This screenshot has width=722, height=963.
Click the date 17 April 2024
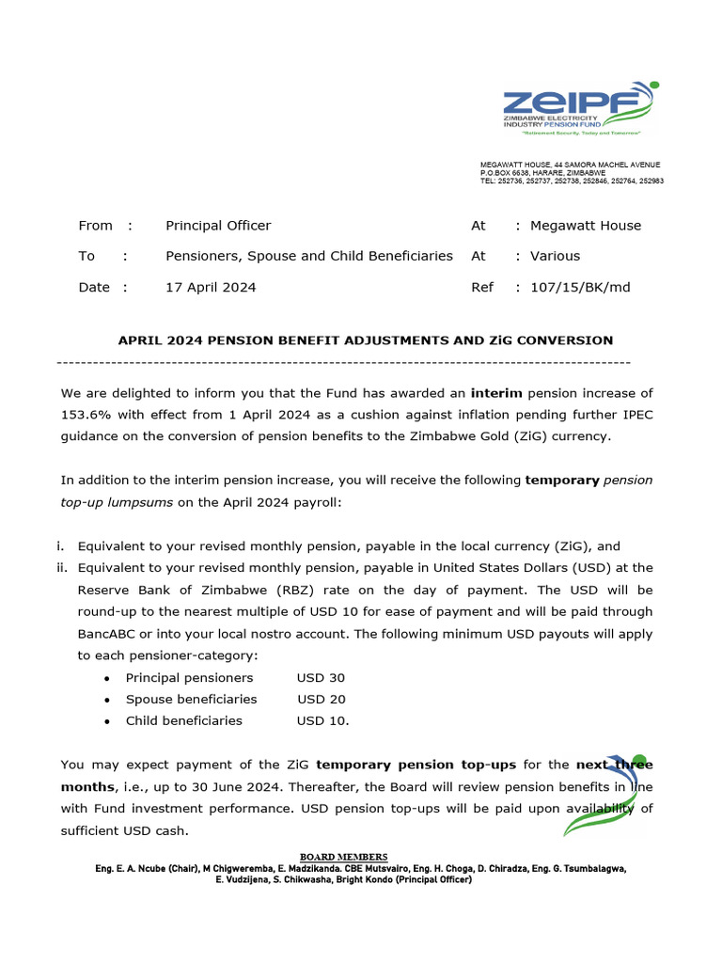tap(211, 287)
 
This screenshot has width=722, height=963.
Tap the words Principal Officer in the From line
tap(218, 226)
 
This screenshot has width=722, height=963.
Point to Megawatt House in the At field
tap(586, 226)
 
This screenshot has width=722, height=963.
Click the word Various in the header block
tap(556, 256)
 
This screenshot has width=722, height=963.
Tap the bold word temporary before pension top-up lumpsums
tap(562, 480)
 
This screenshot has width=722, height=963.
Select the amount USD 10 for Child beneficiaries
tap(322, 720)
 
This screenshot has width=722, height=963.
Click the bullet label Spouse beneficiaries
tap(191, 699)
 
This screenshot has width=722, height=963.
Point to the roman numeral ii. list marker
tap(64, 568)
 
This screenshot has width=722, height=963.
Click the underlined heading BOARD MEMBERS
tap(343, 857)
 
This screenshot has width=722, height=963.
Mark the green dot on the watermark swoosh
tap(639, 760)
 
